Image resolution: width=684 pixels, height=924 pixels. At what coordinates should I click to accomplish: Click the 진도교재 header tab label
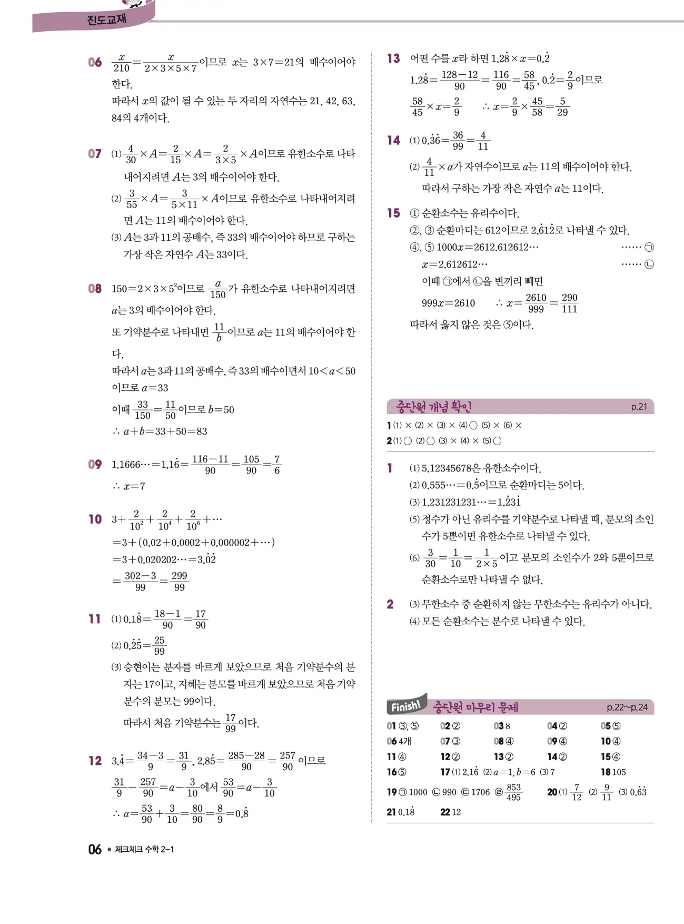[106, 20]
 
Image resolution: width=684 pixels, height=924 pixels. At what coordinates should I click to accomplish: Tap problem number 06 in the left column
[95, 62]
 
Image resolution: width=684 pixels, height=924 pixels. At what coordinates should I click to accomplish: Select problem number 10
[95, 519]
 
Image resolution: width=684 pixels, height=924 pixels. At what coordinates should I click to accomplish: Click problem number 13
[393, 58]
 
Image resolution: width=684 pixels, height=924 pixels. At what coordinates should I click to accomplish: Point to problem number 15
[393, 213]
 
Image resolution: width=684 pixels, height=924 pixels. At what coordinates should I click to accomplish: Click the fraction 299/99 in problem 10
[179, 581]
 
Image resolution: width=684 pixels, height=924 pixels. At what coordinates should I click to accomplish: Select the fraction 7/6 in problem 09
[277, 465]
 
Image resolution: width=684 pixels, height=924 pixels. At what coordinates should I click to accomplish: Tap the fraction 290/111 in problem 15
[569, 303]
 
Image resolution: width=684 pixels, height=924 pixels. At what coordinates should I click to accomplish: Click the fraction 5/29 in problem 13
[562, 106]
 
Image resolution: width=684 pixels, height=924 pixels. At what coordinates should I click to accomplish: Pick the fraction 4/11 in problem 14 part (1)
[483, 141]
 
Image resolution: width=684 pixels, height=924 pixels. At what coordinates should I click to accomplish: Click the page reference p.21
[639, 407]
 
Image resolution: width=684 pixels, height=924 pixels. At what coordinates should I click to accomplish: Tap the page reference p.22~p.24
[627, 707]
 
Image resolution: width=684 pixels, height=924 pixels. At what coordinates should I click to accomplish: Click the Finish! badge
[406, 706]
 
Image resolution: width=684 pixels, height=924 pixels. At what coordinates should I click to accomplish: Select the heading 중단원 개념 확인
[433, 407]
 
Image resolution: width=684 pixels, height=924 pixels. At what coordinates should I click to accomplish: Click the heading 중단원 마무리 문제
[475, 707]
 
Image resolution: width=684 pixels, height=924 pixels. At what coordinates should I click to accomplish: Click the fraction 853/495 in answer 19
[513, 792]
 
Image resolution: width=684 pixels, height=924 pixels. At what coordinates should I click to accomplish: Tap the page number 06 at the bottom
[95, 849]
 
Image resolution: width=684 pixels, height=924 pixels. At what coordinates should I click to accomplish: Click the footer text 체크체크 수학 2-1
[144, 849]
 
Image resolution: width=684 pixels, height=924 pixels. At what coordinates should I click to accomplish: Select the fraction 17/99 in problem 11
[230, 723]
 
